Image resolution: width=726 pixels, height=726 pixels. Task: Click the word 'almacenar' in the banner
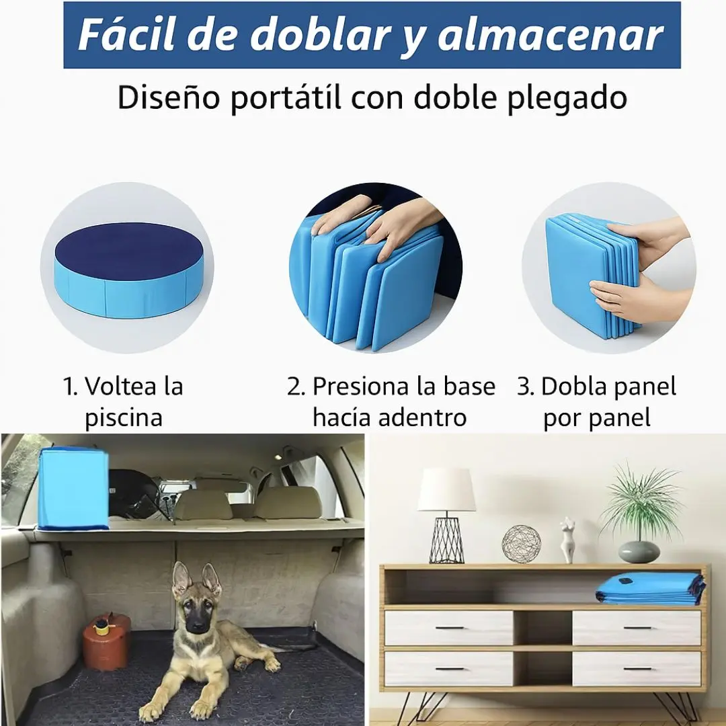[x=551, y=35]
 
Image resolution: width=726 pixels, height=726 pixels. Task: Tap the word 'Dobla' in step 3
[x=572, y=387]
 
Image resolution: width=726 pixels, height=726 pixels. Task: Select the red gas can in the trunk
[x=107, y=641]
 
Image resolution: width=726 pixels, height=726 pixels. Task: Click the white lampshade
[x=446, y=489]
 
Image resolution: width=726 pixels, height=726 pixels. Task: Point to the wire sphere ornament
[x=522, y=544]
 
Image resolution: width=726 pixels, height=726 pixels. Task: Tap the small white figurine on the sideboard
[x=567, y=540]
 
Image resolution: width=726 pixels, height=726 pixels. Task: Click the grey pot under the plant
[x=639, y=552]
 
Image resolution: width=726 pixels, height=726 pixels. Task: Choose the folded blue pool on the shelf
[x=651, y=589]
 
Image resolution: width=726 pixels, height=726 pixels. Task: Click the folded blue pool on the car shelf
[x=73, y=489]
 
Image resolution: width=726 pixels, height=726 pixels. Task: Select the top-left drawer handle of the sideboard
[x=449, y=628]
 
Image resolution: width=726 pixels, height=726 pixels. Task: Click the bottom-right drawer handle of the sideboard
[x=637, y=669]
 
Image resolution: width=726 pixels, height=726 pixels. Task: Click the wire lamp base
[x=446, y=539]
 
